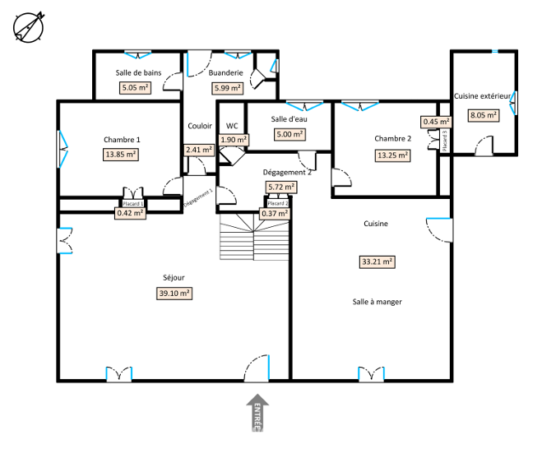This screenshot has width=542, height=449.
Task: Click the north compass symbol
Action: coord(28,27)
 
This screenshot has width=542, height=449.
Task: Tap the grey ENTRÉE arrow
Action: coord(257,413)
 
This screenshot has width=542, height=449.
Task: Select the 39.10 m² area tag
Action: coord(174,294)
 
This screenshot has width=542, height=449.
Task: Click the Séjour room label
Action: coord(174,278)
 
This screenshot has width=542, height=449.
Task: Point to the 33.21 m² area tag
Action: coord(378,262)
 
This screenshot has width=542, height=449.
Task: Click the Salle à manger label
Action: coord(378,302)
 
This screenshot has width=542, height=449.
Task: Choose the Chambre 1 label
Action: coord(122,140)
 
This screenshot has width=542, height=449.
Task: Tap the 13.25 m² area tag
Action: coord(392,155)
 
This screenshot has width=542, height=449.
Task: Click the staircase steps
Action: coord(254,237)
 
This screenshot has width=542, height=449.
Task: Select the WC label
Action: coord(232,126)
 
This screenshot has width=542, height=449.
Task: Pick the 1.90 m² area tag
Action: coord(234,140)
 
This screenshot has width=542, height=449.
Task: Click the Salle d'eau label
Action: coord(289,119)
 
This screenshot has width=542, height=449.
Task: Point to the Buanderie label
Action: coord(225,73)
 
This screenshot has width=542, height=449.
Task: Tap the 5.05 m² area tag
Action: coord(136,88)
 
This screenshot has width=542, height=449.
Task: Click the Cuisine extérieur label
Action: coord(482,96)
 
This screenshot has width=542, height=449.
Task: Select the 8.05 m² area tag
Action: coord(484,115)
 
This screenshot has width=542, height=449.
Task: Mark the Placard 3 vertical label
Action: coord(445,141)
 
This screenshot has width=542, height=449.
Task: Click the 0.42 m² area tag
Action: coord(130,213)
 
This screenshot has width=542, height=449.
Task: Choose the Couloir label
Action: coord(200,126)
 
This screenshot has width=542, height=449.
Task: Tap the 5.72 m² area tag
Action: coord(281,187)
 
